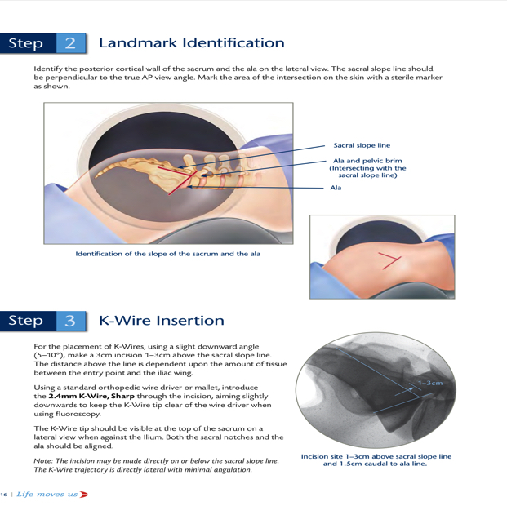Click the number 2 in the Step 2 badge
pyautogui.click(x=70, y=43)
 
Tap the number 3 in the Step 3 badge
pyautogui.click(x=70, y=321)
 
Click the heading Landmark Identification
pyautogui.click(x=192, y=43)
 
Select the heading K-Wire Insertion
pyautogui.click(x=162, y=321)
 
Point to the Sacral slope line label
pyautogui.click(x=362, y=145)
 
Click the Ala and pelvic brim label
pyautogui.click(x=367, y=168)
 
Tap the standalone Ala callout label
pyautogui.click(x=336, y=188)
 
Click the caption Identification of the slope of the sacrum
pyautogui.click(x=168, y=254)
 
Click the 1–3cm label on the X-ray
pyautogui.click(x=430, y=383)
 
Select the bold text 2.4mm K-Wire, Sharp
pyautogui.click(x=91, y=396)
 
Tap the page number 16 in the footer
pyautogui.click(x=3, y=495)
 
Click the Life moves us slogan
pyautogui.click(x=47, y=494)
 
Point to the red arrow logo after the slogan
pyautogui.click(x=84, y=494)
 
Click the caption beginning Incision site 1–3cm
pyautogui.click(x=376, y=460)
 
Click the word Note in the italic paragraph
pyautogui.click(x=43, y=461)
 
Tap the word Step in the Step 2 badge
pyautogui.click(x=25, y=44)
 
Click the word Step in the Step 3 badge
pyautogui.click(x=25, y=321)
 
